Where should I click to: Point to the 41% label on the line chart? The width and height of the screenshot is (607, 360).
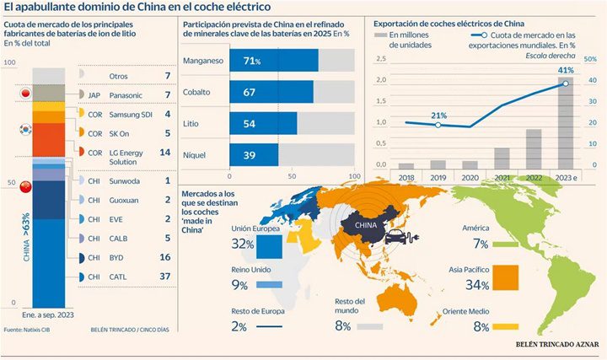565,70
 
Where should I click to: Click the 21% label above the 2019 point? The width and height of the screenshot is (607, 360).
438,116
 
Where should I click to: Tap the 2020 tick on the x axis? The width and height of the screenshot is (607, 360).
470,177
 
